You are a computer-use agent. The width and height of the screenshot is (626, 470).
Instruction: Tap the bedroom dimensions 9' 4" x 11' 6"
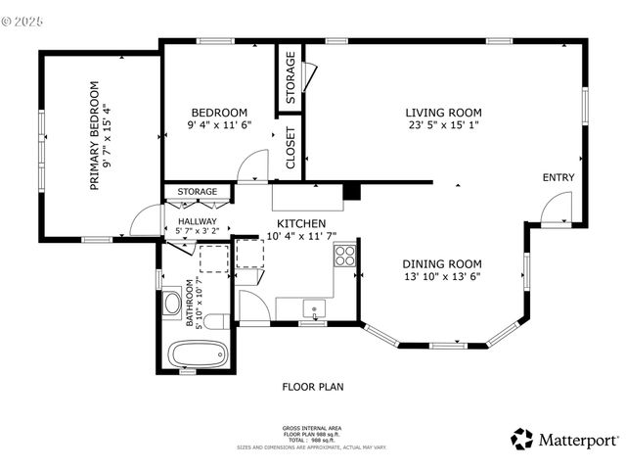point(219,125)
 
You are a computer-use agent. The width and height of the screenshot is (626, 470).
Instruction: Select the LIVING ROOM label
point(444,112)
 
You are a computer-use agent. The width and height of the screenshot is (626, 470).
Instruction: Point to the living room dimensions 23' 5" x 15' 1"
point(444,125)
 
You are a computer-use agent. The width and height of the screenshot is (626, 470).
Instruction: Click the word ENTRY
point(559,177)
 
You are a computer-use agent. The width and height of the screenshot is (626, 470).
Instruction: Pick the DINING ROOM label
point(443,263)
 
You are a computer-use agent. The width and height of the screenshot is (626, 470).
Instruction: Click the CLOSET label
point(291,149)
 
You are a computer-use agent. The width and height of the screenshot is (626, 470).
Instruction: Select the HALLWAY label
point(197,222)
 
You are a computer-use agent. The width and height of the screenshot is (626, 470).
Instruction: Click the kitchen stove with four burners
point(344,256)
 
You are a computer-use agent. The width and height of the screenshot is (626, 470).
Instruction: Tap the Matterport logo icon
point(522,440)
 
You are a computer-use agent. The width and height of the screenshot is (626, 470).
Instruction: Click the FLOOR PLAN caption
point(313,387)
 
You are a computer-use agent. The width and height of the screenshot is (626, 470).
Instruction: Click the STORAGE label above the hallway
point(197,191)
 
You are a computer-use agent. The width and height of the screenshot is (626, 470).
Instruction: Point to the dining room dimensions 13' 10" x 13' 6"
point(443,276)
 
